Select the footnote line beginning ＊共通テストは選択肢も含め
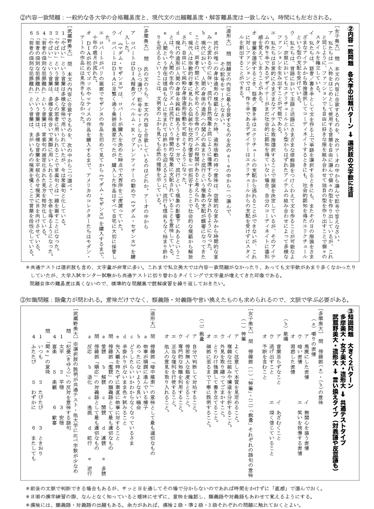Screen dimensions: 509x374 190,268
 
